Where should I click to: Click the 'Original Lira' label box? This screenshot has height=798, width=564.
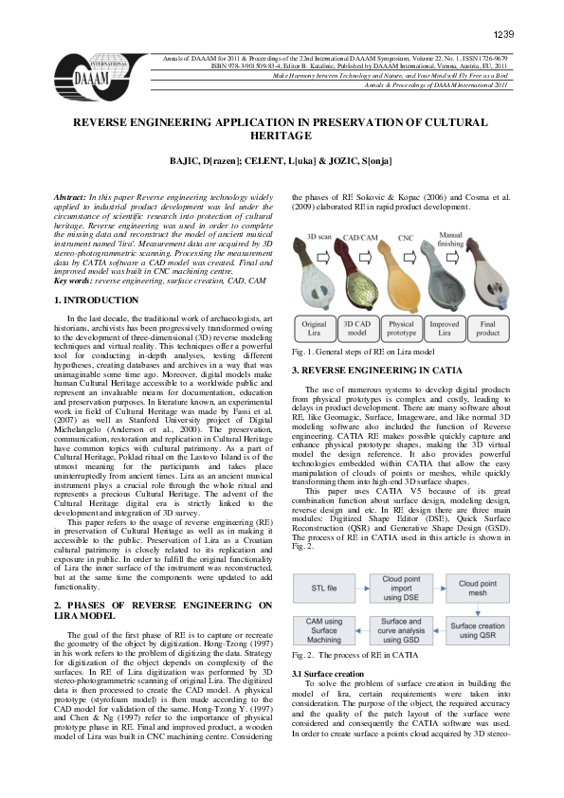(x=315, y=328)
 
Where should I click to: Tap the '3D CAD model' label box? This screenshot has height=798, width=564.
(x=356, y=328)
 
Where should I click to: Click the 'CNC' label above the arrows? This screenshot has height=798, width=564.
(x=406, y=239)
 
